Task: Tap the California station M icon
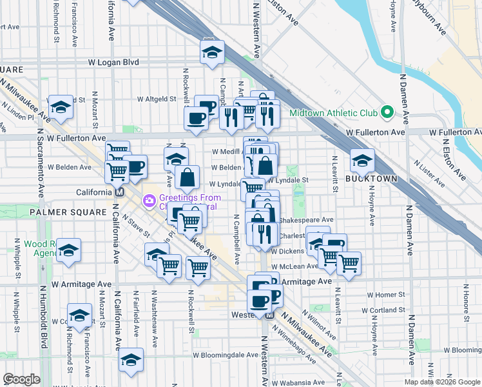click(x=119, y=193)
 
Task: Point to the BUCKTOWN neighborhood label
click(x=371, y=178)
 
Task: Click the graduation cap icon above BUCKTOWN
click(x=363, y=160)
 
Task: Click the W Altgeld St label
click(x=156, y=99)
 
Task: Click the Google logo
click(x=21, y=379)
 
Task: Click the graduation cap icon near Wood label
click(x=68, y=250)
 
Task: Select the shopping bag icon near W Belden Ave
click(x=186, y=177)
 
